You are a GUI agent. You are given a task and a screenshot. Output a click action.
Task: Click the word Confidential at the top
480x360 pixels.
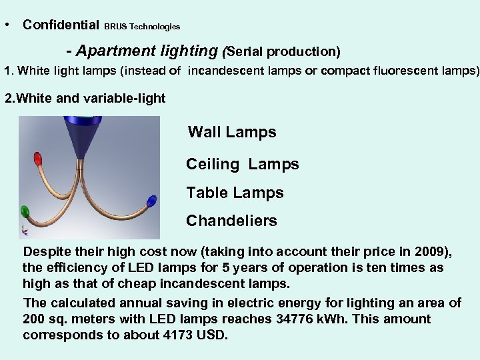click(61, 25)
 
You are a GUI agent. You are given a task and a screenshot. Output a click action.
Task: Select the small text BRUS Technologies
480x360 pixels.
click(142, 27)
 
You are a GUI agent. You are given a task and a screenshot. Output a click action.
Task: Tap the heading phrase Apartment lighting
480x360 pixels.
click(147, 51)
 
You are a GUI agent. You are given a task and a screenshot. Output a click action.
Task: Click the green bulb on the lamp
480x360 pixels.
click(25, 213)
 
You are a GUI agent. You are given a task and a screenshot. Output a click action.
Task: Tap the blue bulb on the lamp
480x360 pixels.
click(151, 201)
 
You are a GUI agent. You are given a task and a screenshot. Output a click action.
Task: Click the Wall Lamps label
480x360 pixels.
click(232, 132)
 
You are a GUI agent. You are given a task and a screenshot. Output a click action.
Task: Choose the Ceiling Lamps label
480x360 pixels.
click(243, 164)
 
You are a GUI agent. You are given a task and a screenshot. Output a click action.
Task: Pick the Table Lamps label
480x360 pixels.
click(235, 193)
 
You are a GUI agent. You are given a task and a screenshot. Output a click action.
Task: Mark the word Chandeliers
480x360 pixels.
click(231, 221)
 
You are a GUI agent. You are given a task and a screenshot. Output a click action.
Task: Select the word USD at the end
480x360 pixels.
click(213, 335)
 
